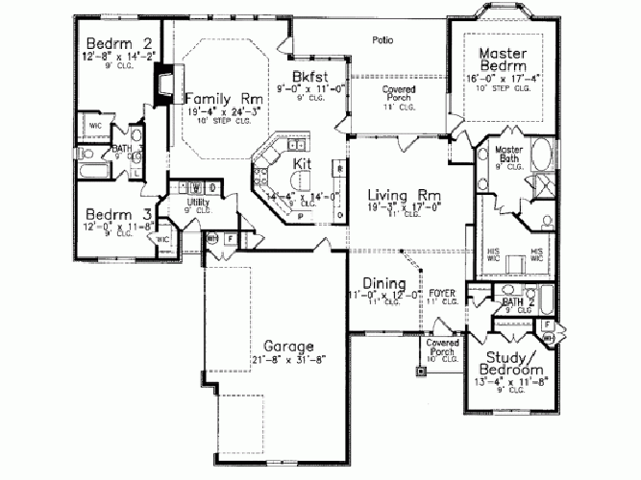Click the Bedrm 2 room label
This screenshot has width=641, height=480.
click(x=119, y=43)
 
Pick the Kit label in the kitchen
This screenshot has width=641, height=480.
click(x=301, y=165)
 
